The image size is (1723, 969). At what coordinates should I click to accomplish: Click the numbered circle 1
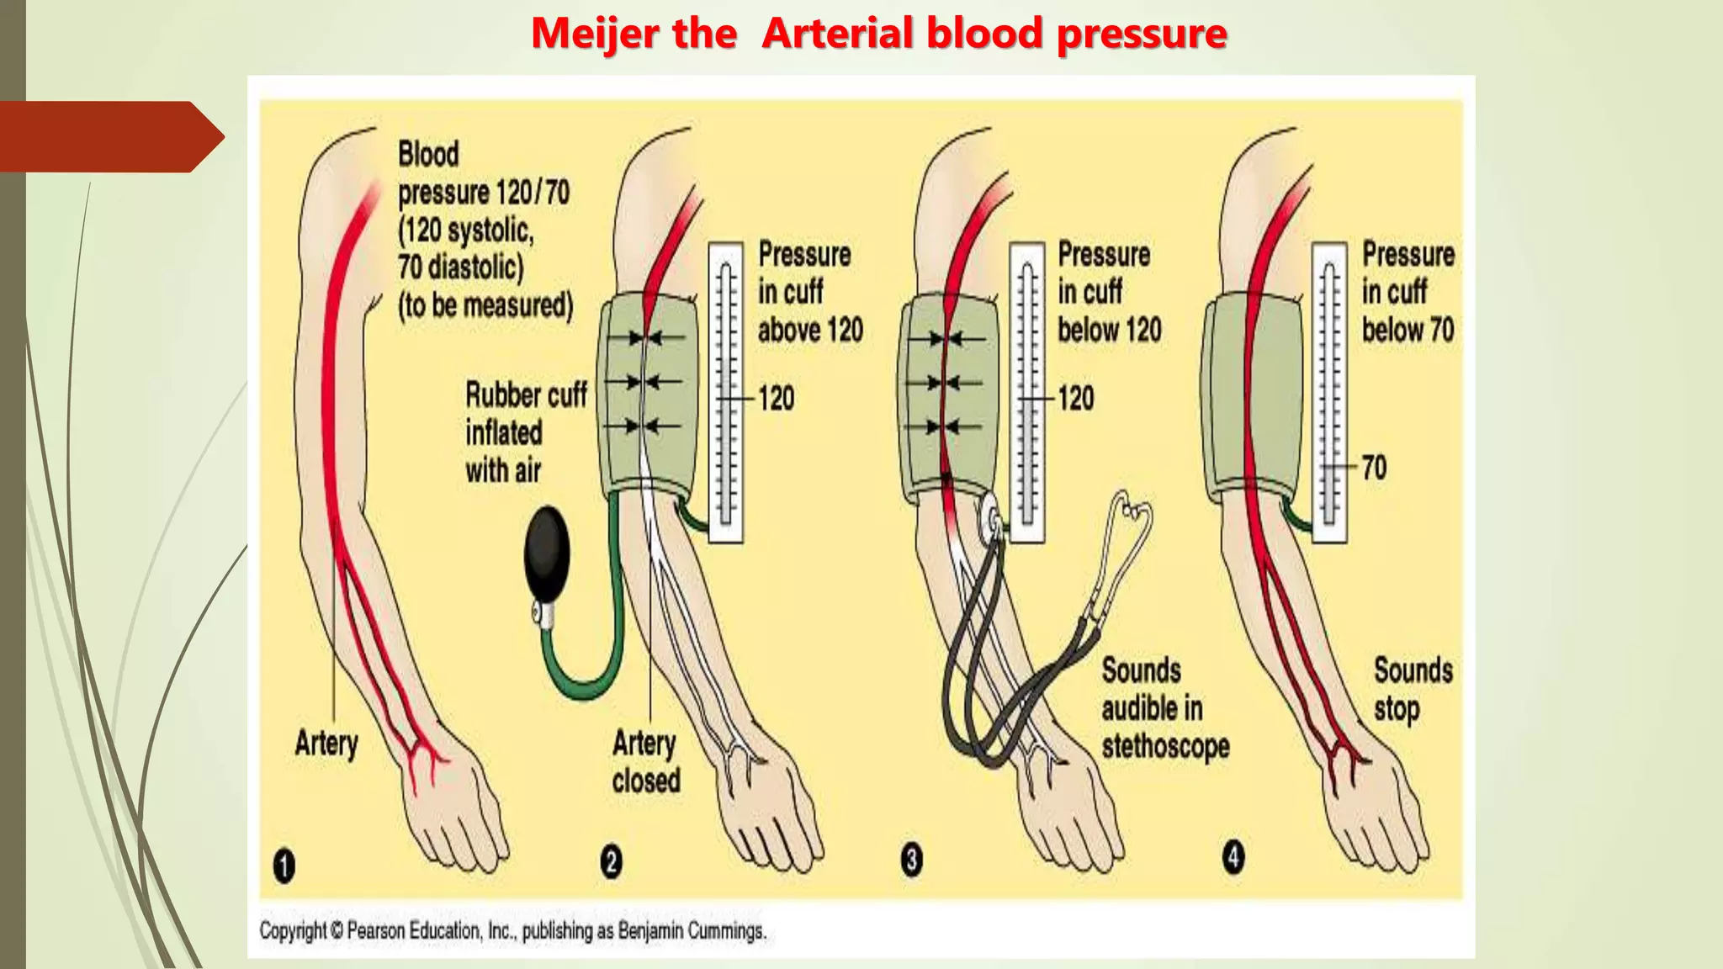284,866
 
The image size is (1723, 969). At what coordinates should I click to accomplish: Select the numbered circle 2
612,862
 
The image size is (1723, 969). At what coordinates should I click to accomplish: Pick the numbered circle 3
911,860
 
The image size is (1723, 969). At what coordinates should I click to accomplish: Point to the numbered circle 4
1233,857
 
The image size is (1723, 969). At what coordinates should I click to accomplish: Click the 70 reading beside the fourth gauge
1374,468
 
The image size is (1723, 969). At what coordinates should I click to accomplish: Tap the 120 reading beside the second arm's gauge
776,398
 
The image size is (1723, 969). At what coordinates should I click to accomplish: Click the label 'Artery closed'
645,761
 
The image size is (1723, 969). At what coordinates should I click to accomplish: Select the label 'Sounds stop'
1412,689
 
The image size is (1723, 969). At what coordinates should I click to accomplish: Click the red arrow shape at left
109,136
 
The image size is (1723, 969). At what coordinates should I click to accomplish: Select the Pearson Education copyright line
512,931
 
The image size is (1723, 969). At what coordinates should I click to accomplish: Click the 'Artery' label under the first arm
326,743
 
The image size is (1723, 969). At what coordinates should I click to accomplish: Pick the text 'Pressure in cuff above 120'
808,292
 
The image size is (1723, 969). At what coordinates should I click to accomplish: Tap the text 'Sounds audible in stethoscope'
1164,708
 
